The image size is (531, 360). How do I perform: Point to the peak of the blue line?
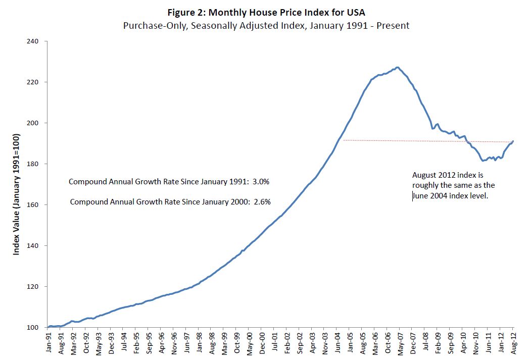(398, 67)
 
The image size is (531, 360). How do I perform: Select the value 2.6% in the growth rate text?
(262, 201)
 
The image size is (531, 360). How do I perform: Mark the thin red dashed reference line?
(404, 141)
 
